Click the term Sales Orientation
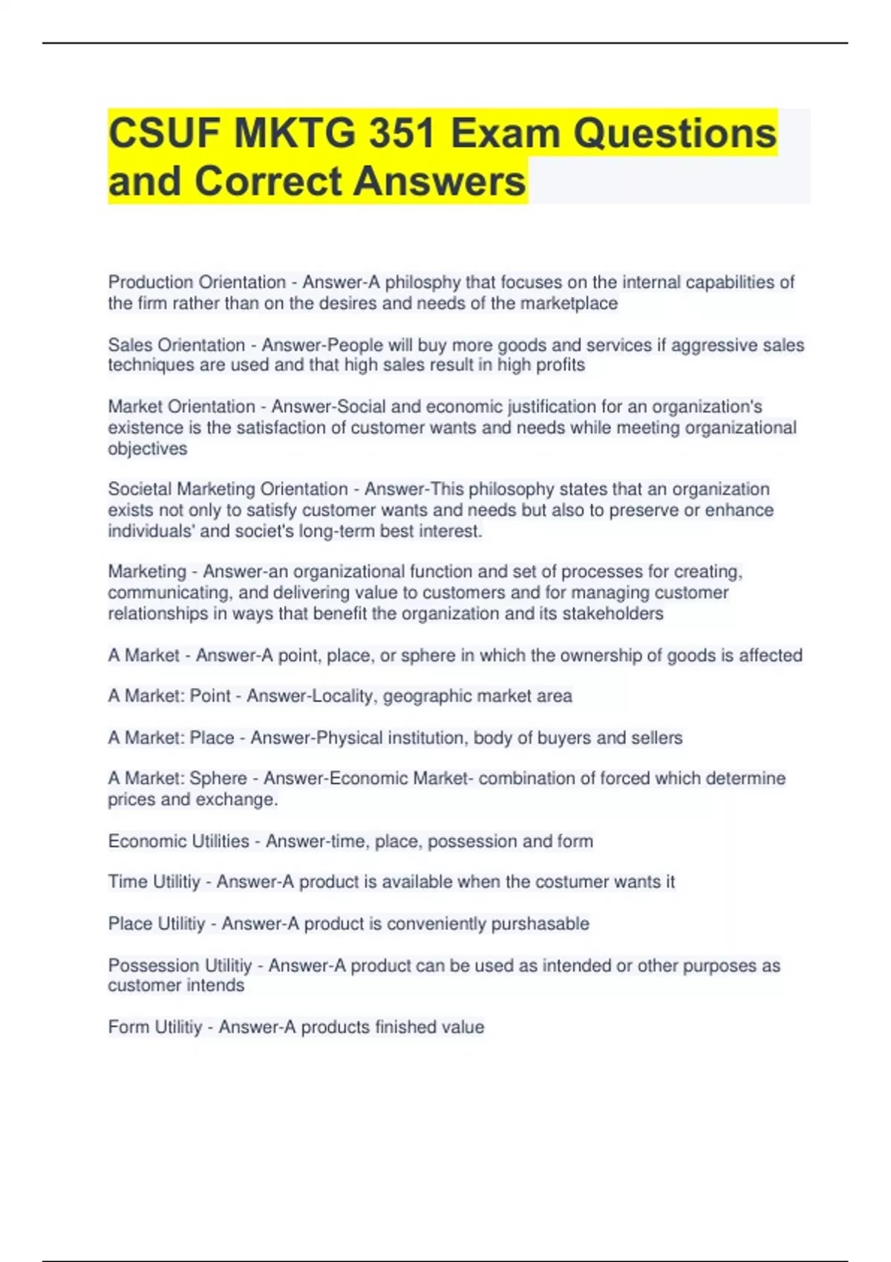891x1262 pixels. (x=176, y=345)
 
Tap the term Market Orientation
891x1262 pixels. (x=181, y=407)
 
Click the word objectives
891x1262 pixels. (x=147, y=448)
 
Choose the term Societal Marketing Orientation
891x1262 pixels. (x=227, y=489)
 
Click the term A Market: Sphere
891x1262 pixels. (x=177, y=778)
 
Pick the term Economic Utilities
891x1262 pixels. (x=178, y=841)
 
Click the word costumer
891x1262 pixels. (x=577, y=882)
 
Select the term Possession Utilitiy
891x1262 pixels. (x=180, y=966)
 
